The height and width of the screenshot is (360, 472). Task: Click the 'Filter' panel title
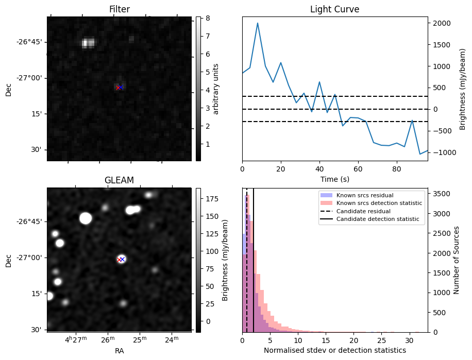point(119,9)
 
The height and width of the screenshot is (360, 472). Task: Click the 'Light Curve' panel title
point(334,9)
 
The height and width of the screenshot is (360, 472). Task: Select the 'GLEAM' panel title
point(119,180)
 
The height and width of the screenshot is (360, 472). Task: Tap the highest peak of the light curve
point(258,23)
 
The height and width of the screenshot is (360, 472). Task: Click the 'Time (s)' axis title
point(334,178)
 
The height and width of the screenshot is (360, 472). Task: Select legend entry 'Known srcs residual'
point(364,195)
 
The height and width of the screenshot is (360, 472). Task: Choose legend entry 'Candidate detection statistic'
point(379,219)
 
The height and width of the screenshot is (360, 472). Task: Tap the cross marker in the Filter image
point(119,88)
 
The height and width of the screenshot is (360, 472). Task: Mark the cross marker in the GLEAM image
point(121,259)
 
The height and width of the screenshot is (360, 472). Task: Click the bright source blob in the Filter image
point(88,43)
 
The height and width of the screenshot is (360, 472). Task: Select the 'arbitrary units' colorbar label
point(216,89)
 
